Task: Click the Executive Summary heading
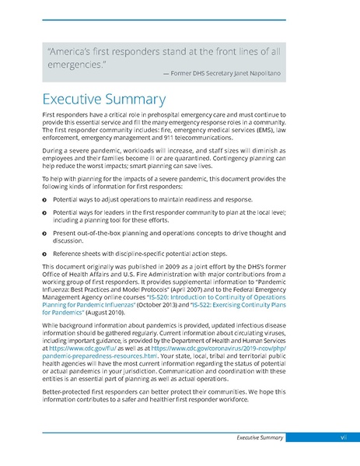pyautogui.click(x=103, y=100)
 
